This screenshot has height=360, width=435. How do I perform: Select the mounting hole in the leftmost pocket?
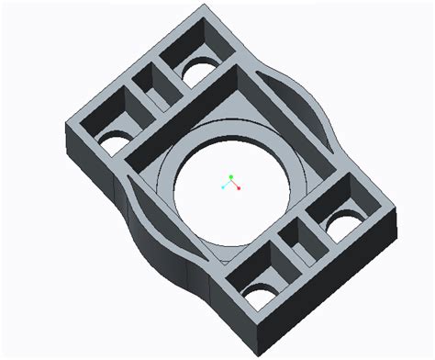coord(114,141)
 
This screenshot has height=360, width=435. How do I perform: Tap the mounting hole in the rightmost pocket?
coord(345,220)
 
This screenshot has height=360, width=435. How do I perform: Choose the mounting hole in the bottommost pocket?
coord(258,295)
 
